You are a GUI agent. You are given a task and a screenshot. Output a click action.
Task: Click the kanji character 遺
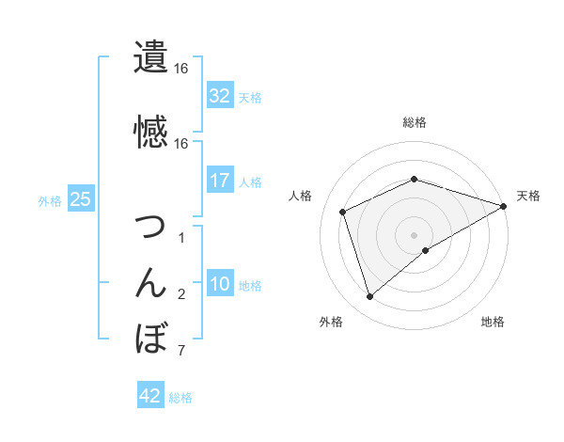coord(151,56)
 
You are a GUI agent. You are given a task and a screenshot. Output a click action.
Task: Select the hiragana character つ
coord(151,227)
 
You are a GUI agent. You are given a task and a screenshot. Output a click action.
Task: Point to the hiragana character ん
coord(151,282)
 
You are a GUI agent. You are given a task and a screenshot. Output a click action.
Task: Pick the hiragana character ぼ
coord(151,338)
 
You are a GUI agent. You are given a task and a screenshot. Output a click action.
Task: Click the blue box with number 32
coord(220,95)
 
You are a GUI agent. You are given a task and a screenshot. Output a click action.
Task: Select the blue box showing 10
coord(220,284)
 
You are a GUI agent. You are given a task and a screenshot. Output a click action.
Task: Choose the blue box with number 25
coord(80,199)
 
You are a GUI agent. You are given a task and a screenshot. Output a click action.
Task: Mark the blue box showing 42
coord(150,396)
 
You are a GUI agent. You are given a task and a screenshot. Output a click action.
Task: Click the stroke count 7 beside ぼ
coord(180,352)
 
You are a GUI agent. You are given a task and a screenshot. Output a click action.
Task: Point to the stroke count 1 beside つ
coord(180,239)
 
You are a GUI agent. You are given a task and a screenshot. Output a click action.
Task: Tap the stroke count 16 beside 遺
coord(180,69)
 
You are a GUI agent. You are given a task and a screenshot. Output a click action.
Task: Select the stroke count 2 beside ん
coord(180,295)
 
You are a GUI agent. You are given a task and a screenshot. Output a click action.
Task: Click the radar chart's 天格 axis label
coord(528,196)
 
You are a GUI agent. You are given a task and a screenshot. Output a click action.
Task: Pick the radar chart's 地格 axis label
coord(493,322)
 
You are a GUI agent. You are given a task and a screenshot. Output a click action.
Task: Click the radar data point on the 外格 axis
coord(369,297)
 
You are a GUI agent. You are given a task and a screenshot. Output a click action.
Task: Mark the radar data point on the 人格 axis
coord(343,212)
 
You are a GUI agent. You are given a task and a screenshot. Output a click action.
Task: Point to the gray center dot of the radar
coord(414,234)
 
